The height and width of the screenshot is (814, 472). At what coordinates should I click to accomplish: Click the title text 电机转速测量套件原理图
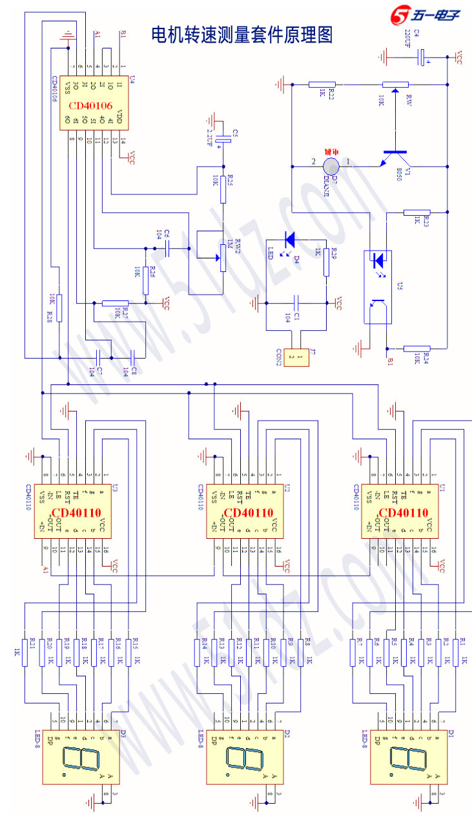point(241,35)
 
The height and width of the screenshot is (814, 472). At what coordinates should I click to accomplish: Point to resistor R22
point(321,84)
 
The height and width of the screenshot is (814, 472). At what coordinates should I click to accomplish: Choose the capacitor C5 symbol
point(223,138)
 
